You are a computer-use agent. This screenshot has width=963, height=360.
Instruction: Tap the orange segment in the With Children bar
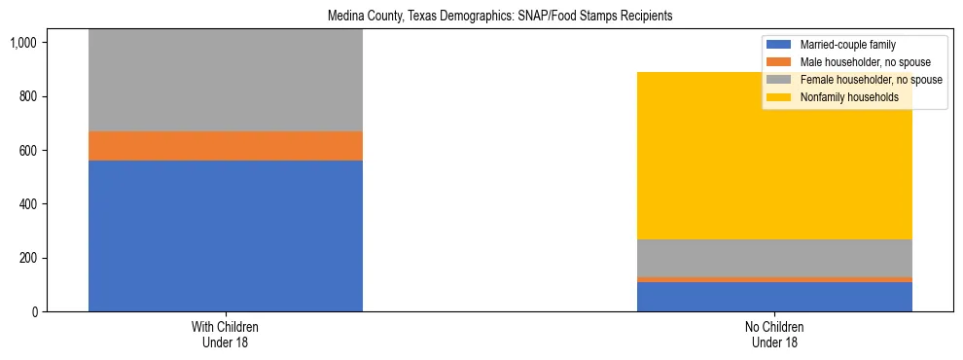tap(226, 146)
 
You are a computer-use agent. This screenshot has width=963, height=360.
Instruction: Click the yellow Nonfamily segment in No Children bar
tap(774, 165)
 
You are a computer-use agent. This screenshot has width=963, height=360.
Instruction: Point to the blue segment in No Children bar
tap(774, 297)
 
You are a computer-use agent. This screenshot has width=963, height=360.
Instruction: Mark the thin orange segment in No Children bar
tap(774, 279)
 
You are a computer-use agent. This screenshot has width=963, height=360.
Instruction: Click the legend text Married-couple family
tap(847, 45)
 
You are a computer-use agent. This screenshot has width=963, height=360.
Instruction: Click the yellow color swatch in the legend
tap(779, 97)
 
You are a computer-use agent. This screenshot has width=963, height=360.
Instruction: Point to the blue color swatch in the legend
tap(779, 45)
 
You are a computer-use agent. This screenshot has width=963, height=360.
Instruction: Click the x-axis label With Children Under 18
tap(226, 335)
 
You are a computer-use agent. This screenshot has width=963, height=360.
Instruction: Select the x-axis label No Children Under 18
tap(774, 335)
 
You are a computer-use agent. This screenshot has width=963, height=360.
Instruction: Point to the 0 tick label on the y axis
tap(34, 312)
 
